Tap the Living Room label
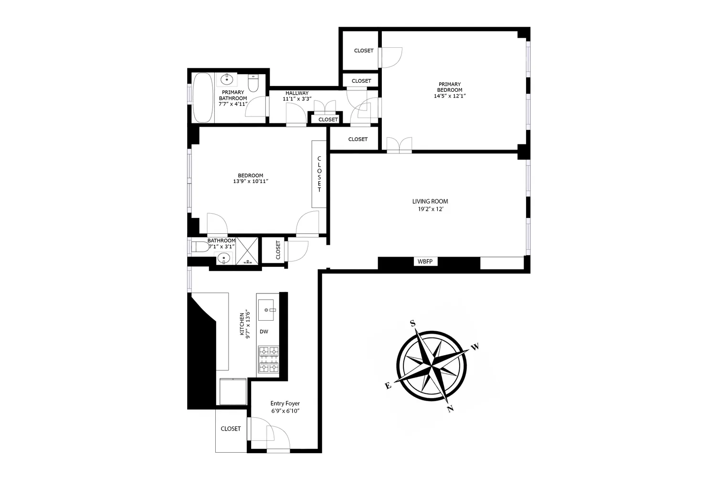click(430, 201)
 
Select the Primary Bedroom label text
click(450, 87)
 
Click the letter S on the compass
click(412, 324)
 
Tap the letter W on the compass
click(475, 347)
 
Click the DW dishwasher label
click(264, 331)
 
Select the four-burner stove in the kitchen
click(268, 359)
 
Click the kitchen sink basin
click(266, 309)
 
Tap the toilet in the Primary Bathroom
click(254, 84)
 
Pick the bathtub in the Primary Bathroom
click(202, 98)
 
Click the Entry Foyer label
click(285, 403)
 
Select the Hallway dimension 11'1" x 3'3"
click(297, 99)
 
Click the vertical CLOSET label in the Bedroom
click(319, 174)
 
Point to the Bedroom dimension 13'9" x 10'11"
click(251, 182)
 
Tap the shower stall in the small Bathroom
click(248, 251)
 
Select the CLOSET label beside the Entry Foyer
click(231, 429)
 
